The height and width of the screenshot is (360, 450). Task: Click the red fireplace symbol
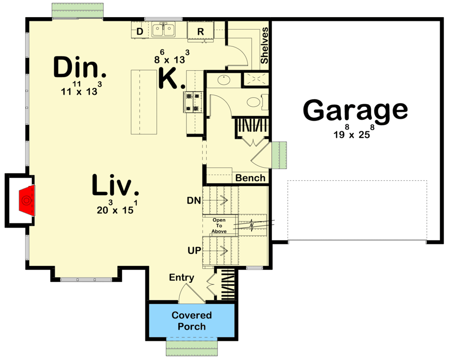tap(26, 199)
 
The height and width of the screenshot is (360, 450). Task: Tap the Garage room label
tap(355, 111)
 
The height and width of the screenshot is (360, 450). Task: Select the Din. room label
tap(80, 68)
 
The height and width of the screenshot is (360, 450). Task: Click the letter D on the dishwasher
tap(140, 31)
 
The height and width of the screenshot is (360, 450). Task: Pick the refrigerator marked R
tap(201, 31)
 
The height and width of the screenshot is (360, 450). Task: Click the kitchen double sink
tap(164, 30)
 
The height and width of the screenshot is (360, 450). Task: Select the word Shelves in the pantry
tap(264, 45)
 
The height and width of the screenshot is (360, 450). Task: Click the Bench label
tap(250, 178)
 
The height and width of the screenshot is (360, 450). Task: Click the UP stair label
tap(194, 249)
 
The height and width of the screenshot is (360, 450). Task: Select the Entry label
tap(182, 277)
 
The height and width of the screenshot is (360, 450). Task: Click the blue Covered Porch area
tap(191, 321)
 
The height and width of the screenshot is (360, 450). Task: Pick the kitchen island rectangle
tap(144, 102)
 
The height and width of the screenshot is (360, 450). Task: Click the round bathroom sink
tap(223, 81)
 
